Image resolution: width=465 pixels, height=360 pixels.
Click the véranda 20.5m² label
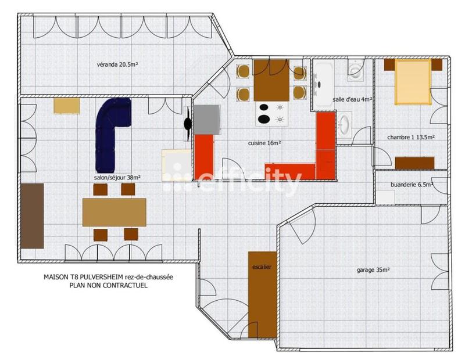[x=117, y=64]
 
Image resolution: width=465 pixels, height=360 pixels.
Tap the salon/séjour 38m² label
[x=117, y=178]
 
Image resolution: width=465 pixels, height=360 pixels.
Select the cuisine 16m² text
[x=264, y=143]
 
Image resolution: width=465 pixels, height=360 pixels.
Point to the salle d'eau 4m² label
[x=352, y=99]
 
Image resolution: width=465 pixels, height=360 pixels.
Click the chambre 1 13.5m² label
[x=412, y=138]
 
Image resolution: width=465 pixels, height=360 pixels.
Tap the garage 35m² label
[x=373, y=270]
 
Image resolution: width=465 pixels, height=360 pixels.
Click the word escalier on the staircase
[x=262, y=267]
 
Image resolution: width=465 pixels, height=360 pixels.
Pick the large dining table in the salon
[x=114, y=212]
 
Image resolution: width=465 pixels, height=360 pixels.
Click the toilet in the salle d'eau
[x=355, y=72]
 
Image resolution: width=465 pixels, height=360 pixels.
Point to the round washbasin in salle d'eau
[x=344, y=124]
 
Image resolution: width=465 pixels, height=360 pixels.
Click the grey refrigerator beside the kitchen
[x=206, y=120]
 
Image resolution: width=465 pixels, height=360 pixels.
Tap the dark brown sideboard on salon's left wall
[x=32, y=215]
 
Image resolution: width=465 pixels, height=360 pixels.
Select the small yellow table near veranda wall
[x=66, y=106]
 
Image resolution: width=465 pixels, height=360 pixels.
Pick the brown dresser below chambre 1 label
[x=414, y=163]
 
